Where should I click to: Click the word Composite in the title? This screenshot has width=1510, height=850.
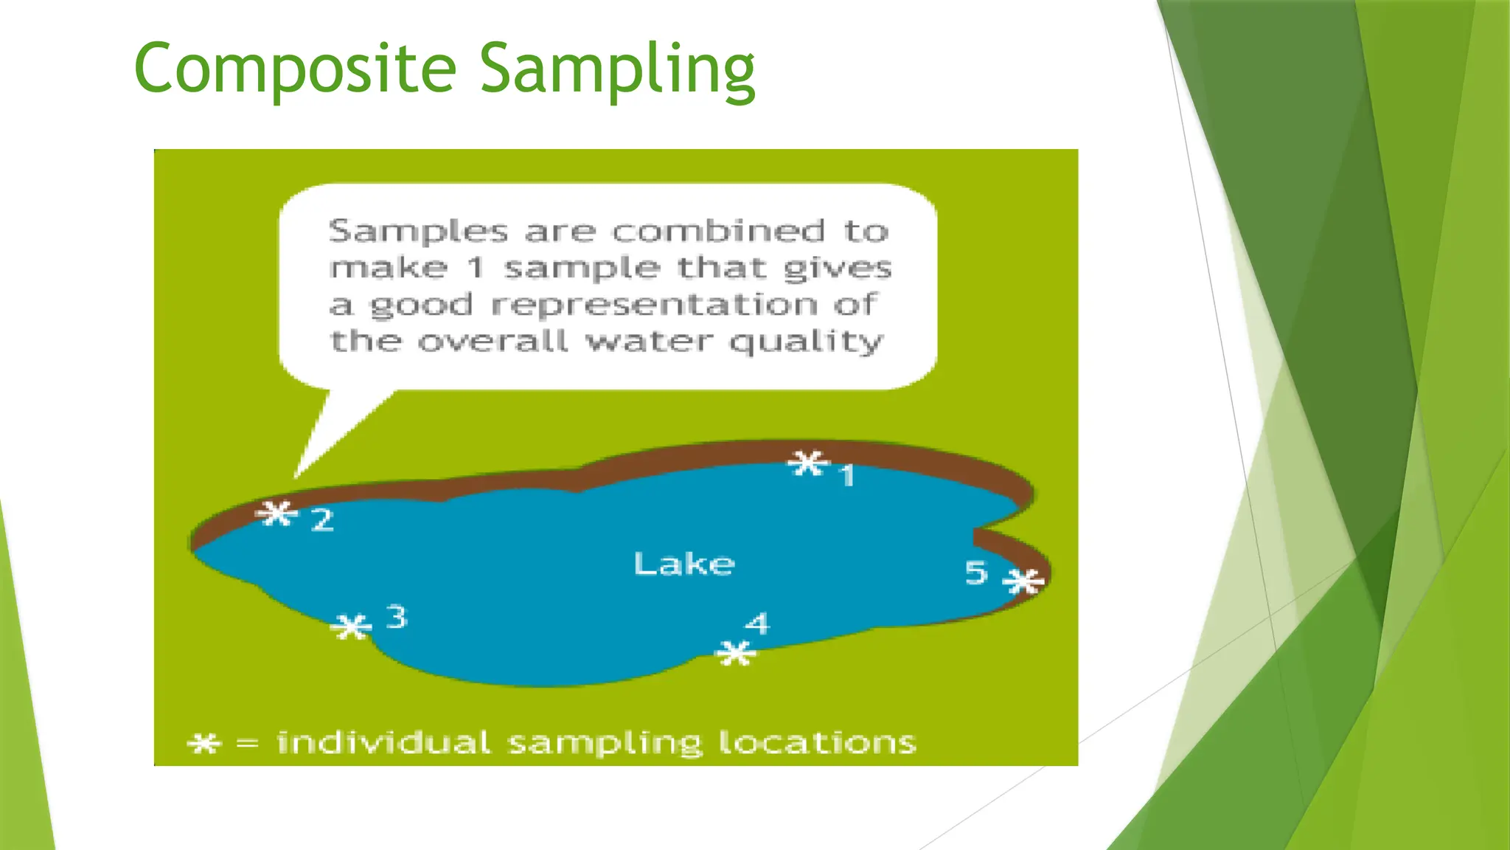tap(295, 69)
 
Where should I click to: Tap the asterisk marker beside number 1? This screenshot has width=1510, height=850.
tap(808, 464)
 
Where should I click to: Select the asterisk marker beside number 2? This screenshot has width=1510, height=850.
tap(277, 513)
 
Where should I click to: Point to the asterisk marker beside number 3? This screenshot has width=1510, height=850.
tap(351, 627)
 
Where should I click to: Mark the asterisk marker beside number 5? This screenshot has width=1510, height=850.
tap(1024, 581)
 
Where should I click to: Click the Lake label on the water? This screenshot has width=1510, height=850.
tap(683, 564)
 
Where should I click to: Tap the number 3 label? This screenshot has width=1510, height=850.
tap(397, 617)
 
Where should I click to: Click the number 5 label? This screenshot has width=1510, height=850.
tap(976, 573)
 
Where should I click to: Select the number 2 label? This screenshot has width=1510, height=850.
tap(322, 520)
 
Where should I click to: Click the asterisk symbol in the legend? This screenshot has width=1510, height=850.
tap(203, 743)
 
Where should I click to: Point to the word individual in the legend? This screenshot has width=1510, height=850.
tap(383, 742)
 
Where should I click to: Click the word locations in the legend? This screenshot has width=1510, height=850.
tap(817, 742)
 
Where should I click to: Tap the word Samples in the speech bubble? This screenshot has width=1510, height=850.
tap(418, 232)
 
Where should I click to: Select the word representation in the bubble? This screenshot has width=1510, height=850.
tap(655, 305)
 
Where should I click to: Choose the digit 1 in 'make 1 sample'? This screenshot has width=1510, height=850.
tap(476, 268)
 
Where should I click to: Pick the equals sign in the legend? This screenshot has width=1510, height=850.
tap(247, 744)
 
